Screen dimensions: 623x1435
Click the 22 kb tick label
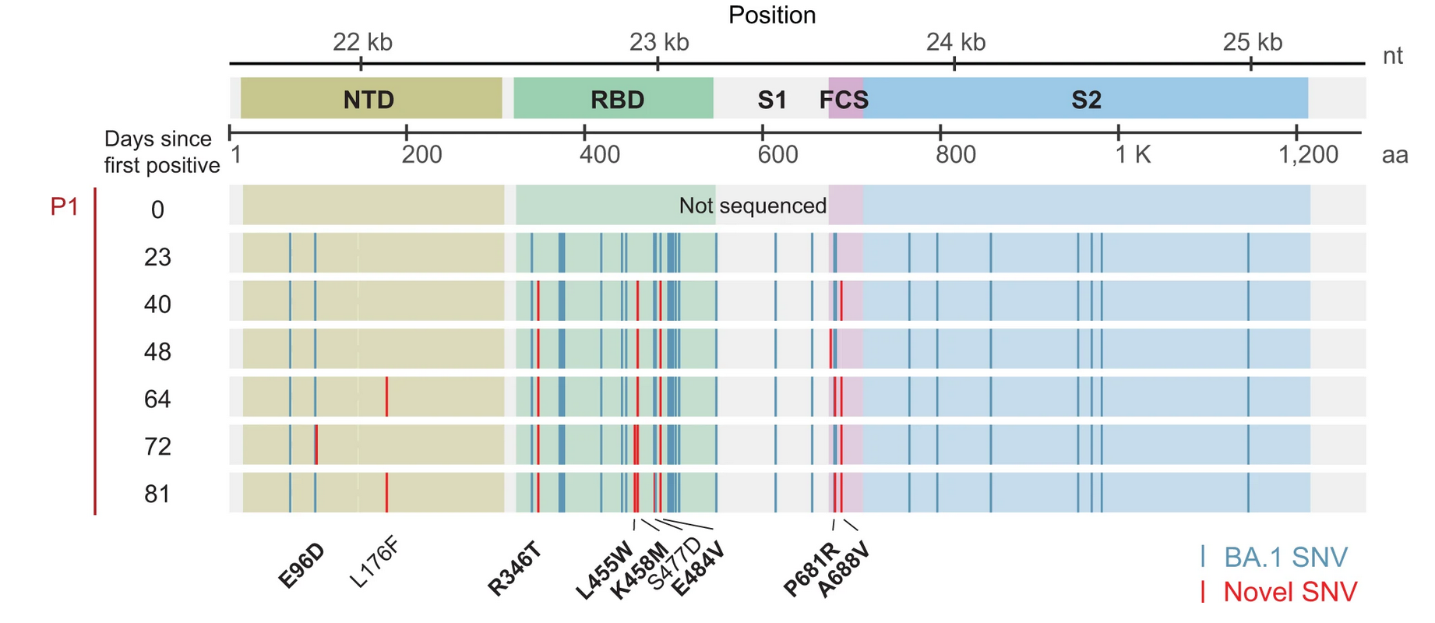362,42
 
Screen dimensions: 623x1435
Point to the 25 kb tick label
1252,42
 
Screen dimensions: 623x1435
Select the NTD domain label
368,100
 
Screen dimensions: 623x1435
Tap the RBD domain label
617,100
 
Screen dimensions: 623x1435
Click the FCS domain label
844,100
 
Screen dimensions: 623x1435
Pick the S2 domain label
1086,100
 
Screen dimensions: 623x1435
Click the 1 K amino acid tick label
1132,154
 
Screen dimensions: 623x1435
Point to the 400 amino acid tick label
599,154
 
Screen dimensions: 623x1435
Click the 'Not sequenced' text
752,206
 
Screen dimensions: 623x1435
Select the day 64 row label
157,399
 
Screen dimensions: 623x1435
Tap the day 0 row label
157,209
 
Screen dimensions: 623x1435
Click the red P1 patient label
64,207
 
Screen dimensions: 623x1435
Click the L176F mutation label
375,562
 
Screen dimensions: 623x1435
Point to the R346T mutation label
514,570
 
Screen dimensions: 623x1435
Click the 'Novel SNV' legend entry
1289,592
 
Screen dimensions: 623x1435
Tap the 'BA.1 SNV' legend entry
1285,558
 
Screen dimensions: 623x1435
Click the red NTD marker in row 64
386,396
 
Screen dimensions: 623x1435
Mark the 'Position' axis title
772,15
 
